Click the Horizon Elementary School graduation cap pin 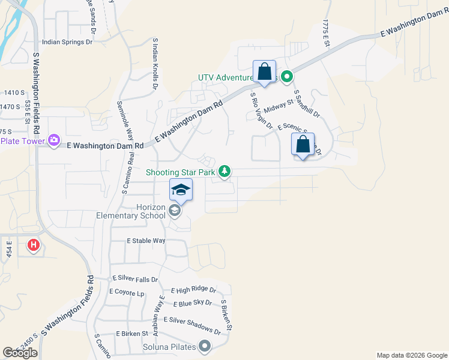[x=181, y=191]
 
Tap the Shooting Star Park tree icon [x=224, y=172]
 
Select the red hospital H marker [x=34, y=245]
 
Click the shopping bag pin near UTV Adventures [x=264, y=72]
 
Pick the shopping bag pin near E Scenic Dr [x=303, y=145]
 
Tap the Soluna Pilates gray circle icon [x=205, y=346]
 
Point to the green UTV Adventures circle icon [x=287, y=76]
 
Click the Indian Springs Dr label [x=67, y=43]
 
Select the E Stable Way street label [x=146, y=241]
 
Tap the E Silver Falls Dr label [x=135, y=280]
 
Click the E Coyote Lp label [x=127, y=292]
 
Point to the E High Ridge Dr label [x=193, y=290]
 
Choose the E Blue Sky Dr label [x=191, y=302]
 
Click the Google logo [x=20, y=353]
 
